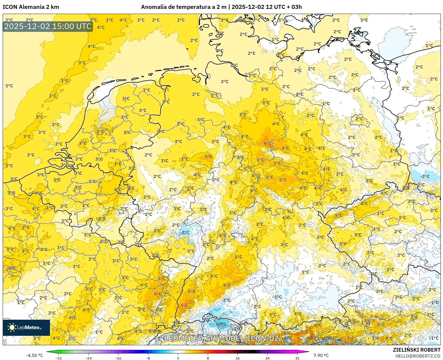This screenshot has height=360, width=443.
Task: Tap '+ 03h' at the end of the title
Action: click(294, 7)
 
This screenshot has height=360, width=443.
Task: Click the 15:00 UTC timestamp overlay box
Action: click(48, 26)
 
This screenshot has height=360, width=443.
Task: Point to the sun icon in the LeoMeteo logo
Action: click(12, 327)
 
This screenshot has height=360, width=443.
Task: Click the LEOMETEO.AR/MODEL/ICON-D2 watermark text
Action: click(221, 338)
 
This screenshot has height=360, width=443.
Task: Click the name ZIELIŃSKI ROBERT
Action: click(416, 350)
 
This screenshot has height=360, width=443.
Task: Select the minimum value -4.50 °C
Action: click(34, 355)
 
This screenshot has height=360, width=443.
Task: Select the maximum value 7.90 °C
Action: click(321, 355)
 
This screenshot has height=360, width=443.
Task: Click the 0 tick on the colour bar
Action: click(178, 358)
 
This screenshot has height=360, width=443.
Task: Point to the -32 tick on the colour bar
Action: click(59, 358)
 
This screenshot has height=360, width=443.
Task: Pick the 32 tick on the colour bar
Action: click(297, 358)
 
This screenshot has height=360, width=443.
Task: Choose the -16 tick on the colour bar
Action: click(118, 358)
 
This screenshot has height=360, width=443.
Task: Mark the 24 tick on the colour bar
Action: click(267, 358)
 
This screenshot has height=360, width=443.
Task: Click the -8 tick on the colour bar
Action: click(148, 358)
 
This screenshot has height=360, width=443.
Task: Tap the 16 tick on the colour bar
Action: click(237, 358)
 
